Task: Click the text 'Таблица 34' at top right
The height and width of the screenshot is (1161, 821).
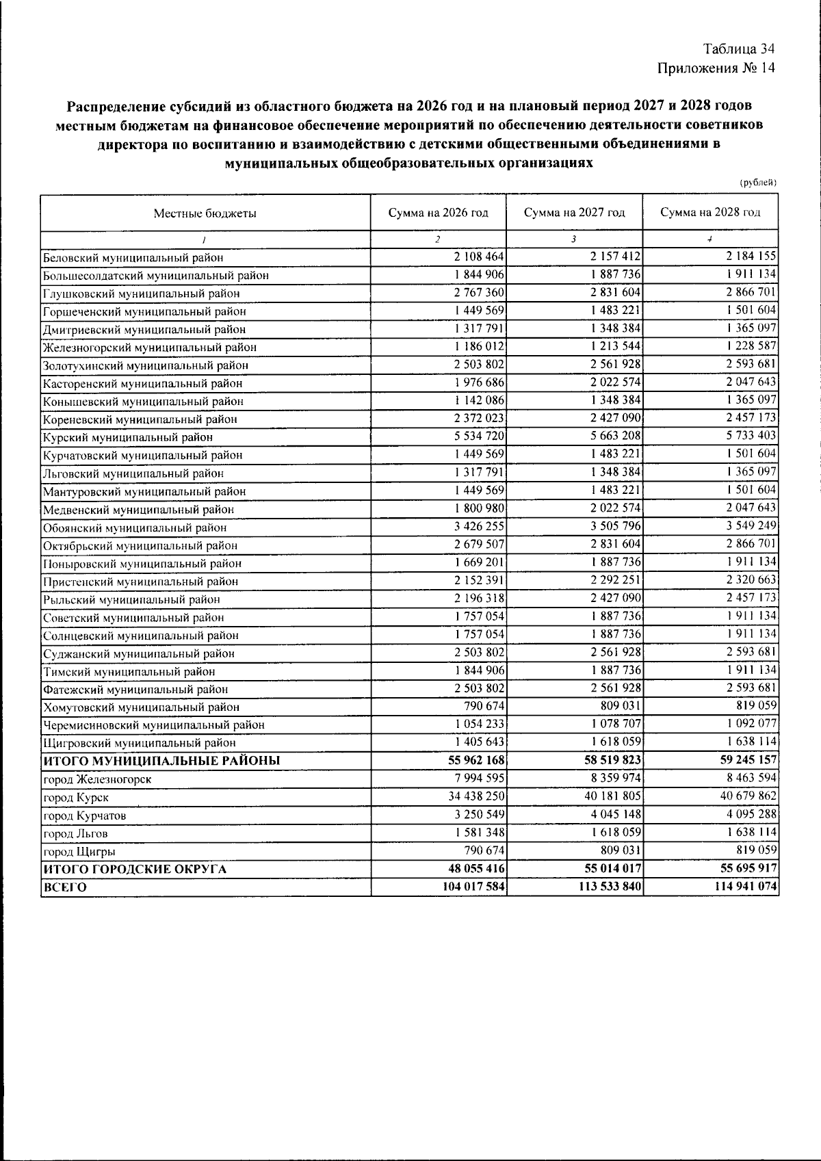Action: (x=739, y=49)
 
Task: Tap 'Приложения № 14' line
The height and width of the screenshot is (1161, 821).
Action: (x=716, y=68)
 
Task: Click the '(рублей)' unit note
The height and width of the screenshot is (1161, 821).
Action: (x=759, y=182)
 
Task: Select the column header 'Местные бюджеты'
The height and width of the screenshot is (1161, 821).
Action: (x=205, y=213)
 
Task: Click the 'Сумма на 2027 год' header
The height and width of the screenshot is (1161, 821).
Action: (x=574, y=212)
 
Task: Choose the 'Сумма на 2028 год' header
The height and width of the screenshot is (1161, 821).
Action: (x=710, y=212)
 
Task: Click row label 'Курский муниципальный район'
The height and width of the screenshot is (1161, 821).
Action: (x=128, y=437)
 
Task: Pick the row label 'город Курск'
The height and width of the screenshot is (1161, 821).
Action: (x=76, y=798)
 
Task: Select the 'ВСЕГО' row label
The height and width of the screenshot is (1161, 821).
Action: (x=65, y=887)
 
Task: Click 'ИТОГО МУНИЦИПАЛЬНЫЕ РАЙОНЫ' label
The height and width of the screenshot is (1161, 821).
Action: (x=161, y=761)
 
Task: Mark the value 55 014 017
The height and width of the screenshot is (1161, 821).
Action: (x=608, y=868)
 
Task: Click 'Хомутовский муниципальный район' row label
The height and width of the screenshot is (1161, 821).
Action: (x=141, y=707)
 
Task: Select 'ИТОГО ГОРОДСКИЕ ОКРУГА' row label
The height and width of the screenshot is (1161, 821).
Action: (x=135, y=870)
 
